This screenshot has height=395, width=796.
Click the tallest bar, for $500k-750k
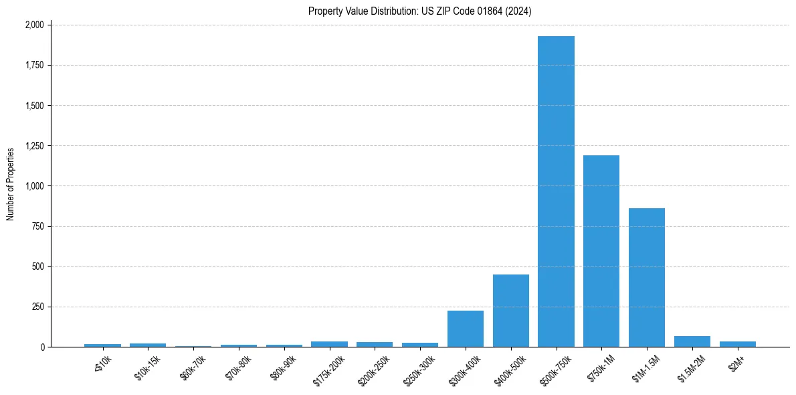tap(556, 191)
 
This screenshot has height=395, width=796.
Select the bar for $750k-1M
tap(601, 251)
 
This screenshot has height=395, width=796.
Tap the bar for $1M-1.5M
tap(647, 277)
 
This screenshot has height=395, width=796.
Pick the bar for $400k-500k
tap(511, 311)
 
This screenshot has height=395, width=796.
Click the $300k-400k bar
tap(466, 329)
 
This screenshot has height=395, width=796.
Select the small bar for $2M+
tap(738, 344)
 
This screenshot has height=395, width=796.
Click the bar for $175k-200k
tap(329, 344)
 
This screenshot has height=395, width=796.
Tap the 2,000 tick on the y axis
tap(34, 25)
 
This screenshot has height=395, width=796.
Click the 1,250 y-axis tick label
tap(34, 146)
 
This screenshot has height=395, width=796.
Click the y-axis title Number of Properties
tap(11, 184)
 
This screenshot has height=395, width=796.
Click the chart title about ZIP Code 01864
tap(420, 11)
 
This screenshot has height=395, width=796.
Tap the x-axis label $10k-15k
tap(148, 367)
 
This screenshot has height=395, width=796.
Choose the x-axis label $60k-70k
tap(193, 367)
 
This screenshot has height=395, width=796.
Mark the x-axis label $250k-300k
tap(419, 370)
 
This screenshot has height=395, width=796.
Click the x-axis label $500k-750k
tap(556, 370)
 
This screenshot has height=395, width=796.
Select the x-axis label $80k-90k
tap(284, 367)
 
